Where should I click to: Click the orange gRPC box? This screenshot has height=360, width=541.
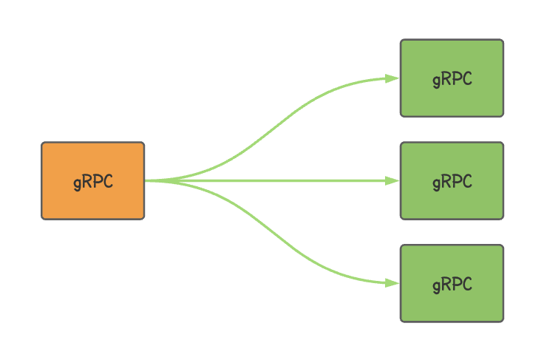93,180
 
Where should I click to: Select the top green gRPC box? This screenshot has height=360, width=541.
452,78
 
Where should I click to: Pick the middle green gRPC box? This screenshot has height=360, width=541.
452,180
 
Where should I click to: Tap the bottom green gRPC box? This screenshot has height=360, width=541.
452,283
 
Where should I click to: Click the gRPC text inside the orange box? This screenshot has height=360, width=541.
93,182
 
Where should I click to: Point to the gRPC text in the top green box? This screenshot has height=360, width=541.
452,79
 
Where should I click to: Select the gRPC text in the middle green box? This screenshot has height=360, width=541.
452,182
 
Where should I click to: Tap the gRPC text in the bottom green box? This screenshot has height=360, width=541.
452,285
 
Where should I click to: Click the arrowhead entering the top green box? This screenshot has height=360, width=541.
392,78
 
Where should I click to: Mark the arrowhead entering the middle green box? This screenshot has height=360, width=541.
392,180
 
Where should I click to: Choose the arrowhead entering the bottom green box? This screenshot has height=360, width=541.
392,283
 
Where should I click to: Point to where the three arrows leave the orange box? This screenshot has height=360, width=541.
146,180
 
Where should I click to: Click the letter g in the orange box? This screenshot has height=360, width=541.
78,183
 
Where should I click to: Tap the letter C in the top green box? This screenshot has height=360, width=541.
467,78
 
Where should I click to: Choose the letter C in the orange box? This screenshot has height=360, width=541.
108,181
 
